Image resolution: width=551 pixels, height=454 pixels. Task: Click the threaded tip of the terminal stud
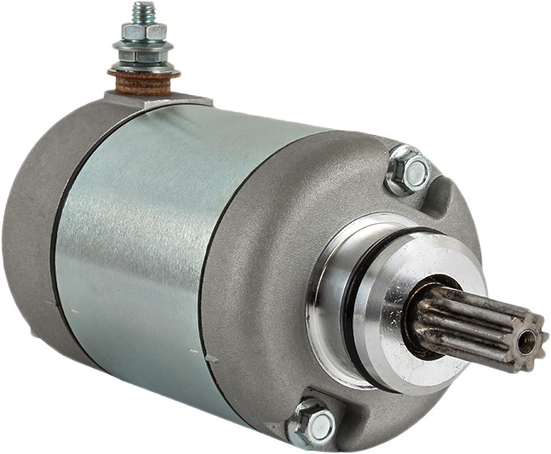[x=143, y=11]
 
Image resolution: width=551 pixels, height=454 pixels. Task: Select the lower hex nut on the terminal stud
[x=144, y=57]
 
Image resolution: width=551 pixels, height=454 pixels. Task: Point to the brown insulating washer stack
[x=144, y=79]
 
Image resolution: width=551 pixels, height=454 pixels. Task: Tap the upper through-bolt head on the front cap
[x=414, y=171]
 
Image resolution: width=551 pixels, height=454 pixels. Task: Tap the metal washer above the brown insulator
[x=144, y=68]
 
